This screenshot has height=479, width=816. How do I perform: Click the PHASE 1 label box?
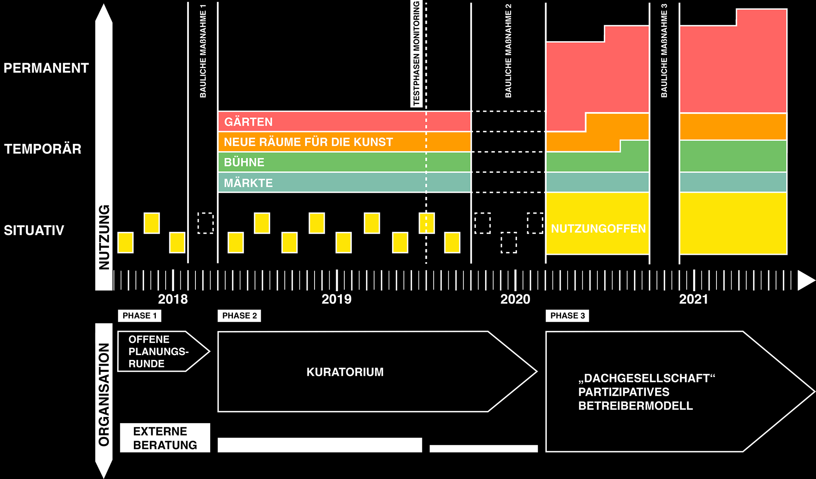tap(140, 316)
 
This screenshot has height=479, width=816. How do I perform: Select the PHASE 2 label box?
tap(239, 316)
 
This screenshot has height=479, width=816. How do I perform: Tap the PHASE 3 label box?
tap(568, 316)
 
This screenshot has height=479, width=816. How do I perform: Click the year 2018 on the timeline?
tap(173, 299)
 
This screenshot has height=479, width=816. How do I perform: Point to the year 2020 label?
tap(515, 299)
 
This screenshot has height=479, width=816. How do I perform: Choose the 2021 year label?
tap(694, 299)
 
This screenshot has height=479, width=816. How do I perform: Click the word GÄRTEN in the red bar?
tap(248, 122)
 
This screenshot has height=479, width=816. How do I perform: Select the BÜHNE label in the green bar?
tap(244, 162)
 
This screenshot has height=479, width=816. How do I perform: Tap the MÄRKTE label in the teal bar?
tap(248, 183)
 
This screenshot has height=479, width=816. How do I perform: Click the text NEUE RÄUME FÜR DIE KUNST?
tap(308, 142)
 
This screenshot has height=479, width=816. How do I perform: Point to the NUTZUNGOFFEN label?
tap(599, 228)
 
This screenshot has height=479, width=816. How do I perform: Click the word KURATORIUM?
tap(345, 372)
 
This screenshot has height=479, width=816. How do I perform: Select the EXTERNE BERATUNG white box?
tap(165, 438)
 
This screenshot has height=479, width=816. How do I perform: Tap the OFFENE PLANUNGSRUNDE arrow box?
tap(159, 351)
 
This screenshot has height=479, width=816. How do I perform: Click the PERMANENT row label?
tap(46, 68)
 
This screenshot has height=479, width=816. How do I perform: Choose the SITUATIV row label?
tap(34, 230)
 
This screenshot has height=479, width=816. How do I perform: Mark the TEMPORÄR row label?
tap(43, 149)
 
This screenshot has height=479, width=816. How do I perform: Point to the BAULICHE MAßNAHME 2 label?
tap(508, 51)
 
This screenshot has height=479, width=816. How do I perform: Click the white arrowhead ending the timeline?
tap(805, 280)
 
